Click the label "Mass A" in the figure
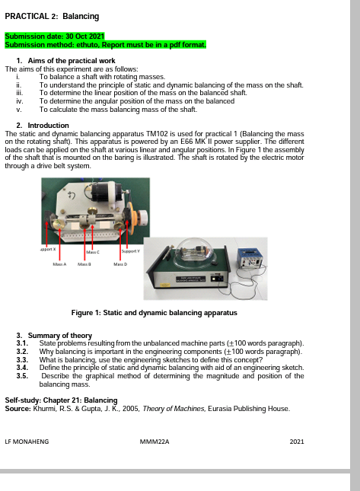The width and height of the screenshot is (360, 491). coord(59,264)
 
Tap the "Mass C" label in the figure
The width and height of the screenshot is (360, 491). coord(94,251)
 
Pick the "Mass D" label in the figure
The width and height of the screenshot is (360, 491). coord(120,264)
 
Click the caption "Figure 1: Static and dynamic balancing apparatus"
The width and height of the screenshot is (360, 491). coord(154,313)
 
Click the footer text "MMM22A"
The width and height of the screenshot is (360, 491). coord(155,442)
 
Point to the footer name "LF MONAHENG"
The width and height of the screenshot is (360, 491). coord(27,442)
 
